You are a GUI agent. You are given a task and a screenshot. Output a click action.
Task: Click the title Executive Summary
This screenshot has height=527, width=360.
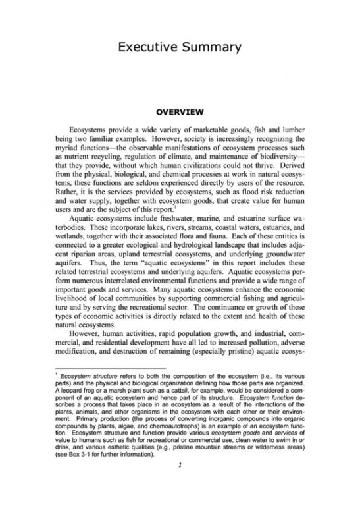180,47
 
